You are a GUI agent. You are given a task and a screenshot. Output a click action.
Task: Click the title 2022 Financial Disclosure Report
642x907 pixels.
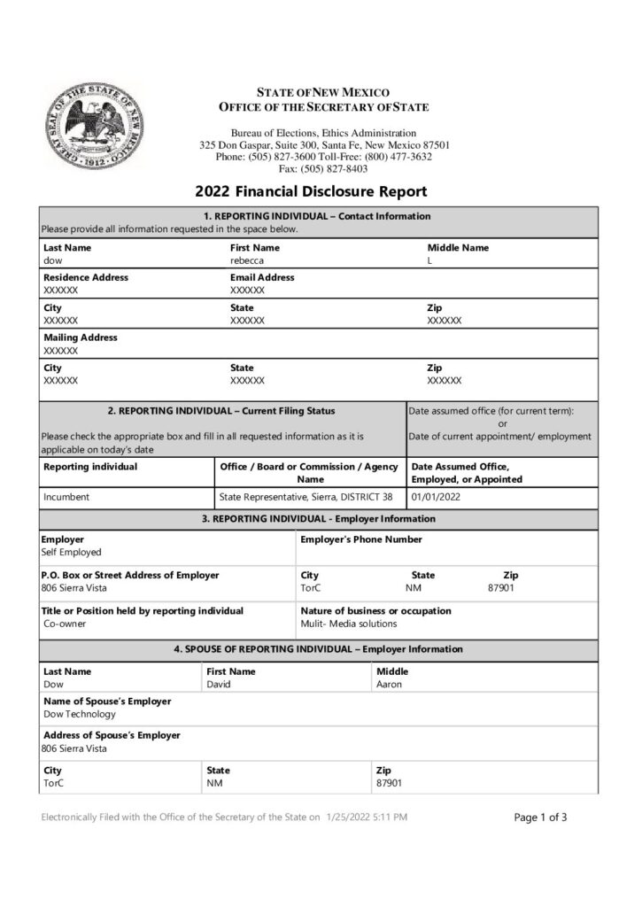coord(311,191)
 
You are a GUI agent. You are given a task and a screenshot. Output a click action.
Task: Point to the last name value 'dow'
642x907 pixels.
coord(53,261)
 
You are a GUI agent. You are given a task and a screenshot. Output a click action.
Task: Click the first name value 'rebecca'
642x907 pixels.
coord(247,261)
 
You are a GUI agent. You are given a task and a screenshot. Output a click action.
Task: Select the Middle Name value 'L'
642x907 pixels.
coord(430,261)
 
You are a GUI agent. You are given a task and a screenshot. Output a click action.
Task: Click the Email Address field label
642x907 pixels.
coord(262,277)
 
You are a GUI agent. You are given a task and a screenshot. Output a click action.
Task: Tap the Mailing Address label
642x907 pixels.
coord(81,337)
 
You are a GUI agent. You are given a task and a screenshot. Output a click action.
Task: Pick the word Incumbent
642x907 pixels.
coord(66,497)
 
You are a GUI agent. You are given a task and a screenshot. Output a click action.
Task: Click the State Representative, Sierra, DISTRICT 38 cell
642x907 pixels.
coord(306,497)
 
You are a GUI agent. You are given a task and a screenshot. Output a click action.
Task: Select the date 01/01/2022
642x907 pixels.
coord(437,497)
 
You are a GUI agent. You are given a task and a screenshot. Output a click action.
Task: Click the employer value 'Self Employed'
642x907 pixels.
coord(72,552)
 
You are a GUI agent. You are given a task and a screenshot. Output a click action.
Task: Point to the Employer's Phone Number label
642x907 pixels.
coord(361,539)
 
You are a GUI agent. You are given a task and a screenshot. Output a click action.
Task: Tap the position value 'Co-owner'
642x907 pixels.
coord(65,624)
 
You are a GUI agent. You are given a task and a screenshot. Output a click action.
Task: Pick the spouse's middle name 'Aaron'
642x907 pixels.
coord(389,685)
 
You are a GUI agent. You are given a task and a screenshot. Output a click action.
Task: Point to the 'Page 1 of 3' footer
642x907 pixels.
coord(540,818)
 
